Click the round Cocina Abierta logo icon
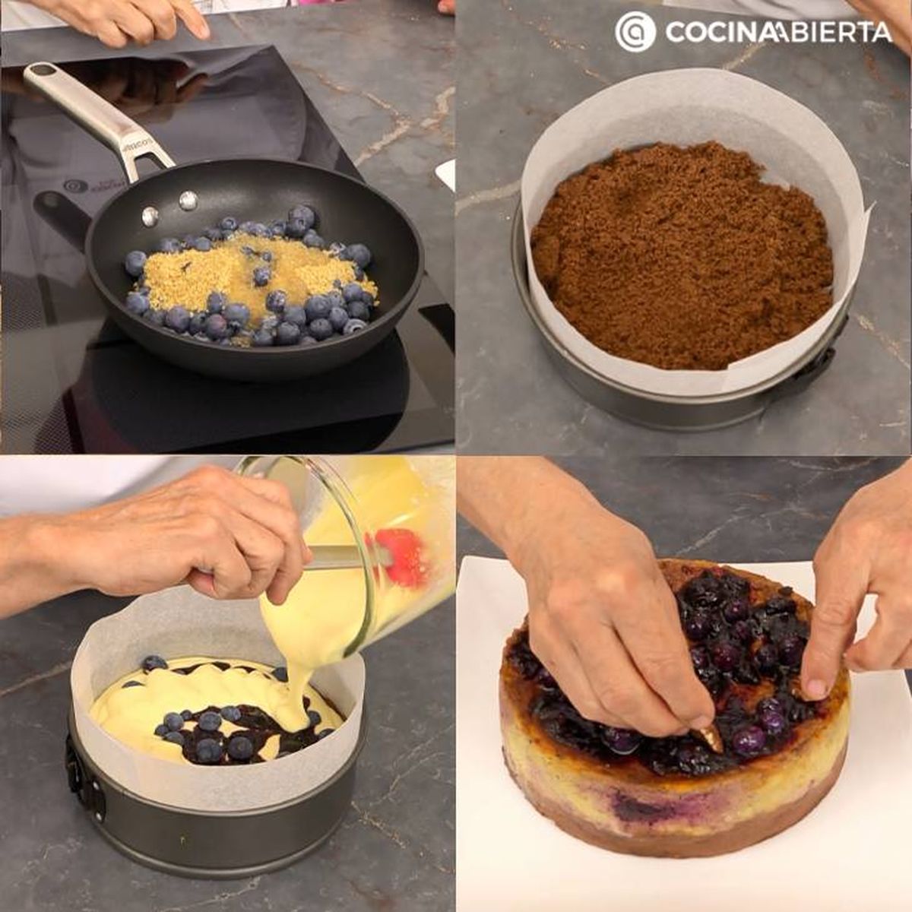coord(635,31)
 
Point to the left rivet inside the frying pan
coord(150,217)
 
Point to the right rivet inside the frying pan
coord(188,201)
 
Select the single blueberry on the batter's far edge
coord(154,663)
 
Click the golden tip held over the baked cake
coord(711,736)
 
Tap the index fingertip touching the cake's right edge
coord(814,688)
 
